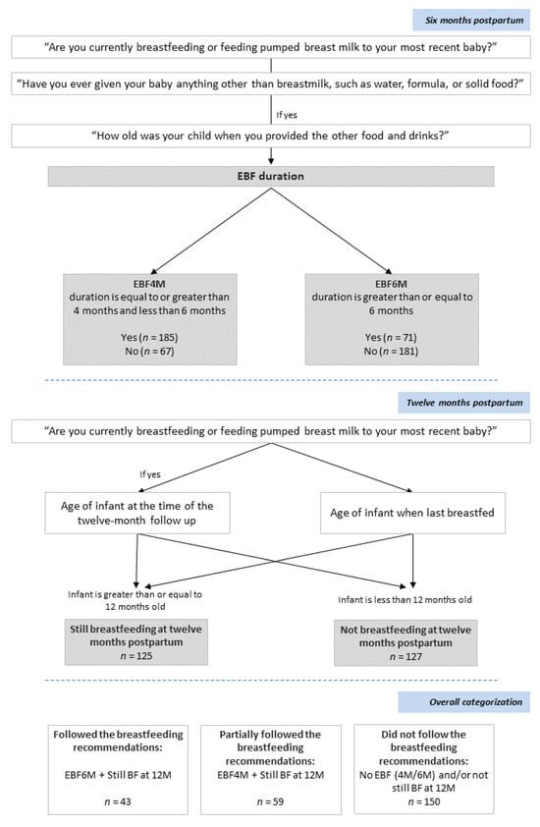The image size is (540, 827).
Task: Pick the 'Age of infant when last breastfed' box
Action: (x=412, y=512)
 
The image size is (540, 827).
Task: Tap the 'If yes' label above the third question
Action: (x=287, y=113)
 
